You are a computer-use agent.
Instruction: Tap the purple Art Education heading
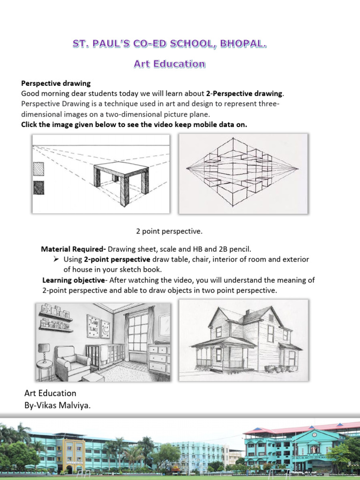point(169,64)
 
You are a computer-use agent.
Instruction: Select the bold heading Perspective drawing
point(56,83)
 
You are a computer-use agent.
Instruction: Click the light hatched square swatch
point(39,168)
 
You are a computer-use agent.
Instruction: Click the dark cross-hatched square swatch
point(39,187)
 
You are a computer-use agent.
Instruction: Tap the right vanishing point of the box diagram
point(298,168)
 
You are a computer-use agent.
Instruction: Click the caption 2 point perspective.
point(169,231)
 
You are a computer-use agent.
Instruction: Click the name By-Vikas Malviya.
point(57,405)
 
